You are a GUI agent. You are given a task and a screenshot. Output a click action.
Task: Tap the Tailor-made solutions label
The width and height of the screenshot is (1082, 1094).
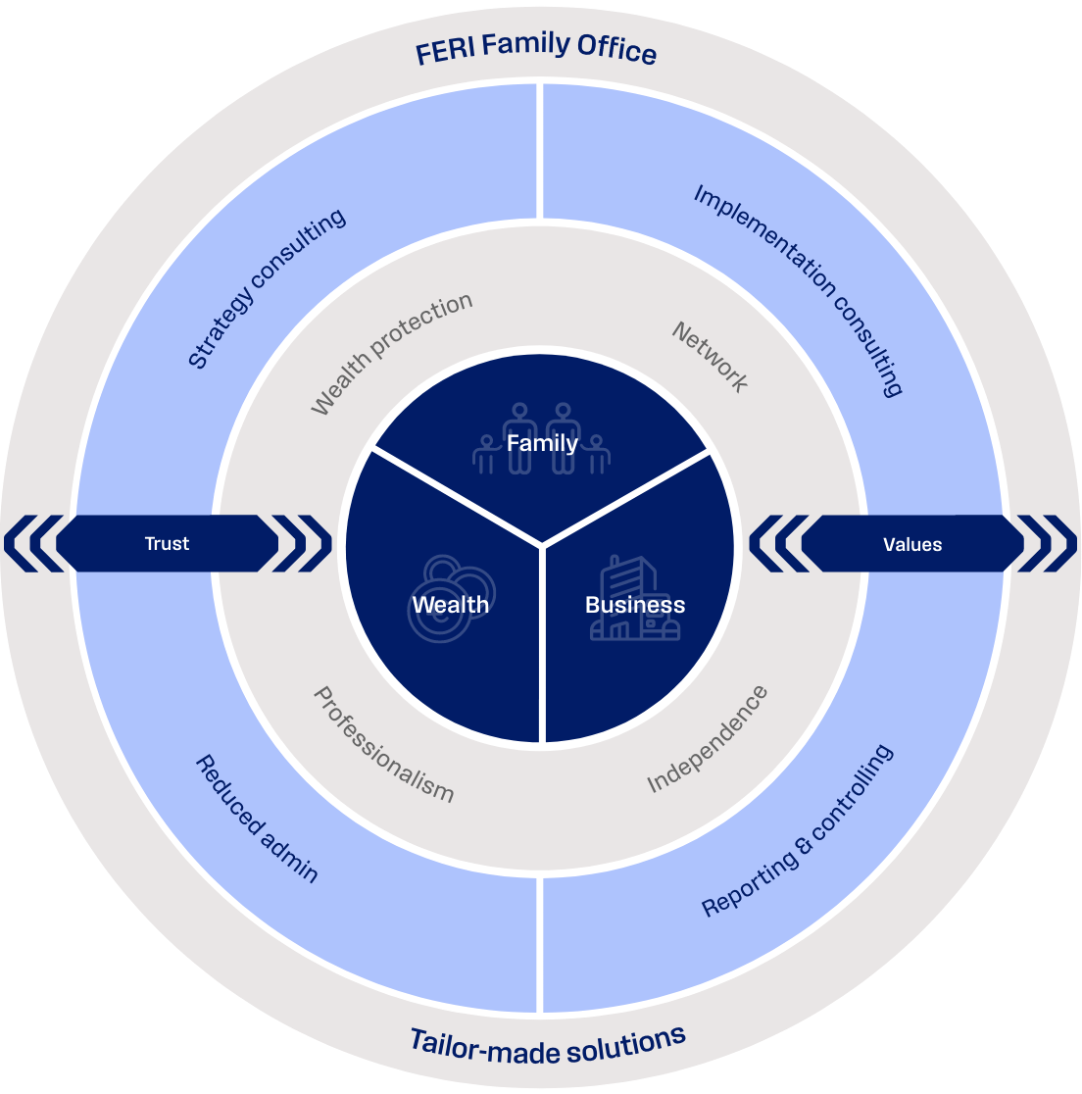coord(547,1045)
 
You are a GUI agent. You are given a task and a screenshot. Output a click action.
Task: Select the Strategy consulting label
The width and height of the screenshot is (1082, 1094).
coord(267,289)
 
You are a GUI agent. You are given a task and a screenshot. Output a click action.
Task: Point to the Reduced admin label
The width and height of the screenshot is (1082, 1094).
coord(257,819)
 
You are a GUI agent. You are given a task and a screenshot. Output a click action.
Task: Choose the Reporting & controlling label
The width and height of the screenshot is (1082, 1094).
coord(798,831)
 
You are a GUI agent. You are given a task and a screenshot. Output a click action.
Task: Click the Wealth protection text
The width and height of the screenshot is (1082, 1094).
coord(391,353)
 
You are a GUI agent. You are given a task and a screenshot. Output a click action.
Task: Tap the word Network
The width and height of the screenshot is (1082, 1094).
coord(711,357)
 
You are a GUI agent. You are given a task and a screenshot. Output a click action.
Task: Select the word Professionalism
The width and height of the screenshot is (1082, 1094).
coord(383,744)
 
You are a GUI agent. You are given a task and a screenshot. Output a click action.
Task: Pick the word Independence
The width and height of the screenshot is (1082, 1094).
coord(708,740)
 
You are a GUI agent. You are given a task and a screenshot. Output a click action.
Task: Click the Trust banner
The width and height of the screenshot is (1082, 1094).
coord(167,543)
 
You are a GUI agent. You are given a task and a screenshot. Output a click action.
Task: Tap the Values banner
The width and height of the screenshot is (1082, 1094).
coord(912,544)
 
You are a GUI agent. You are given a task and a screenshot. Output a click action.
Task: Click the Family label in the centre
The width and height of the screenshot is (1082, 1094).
coord(542,443)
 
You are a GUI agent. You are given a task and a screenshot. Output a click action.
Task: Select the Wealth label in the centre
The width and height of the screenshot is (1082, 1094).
coord(450,605)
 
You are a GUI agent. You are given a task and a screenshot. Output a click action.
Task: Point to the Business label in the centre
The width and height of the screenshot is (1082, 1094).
coord(635,605)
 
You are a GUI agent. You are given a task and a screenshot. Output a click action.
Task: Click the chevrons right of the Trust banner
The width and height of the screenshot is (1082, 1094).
coord(301,543)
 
